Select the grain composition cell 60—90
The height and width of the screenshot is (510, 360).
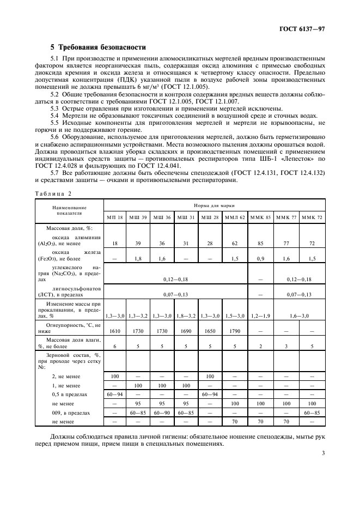(x=163, y=413)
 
